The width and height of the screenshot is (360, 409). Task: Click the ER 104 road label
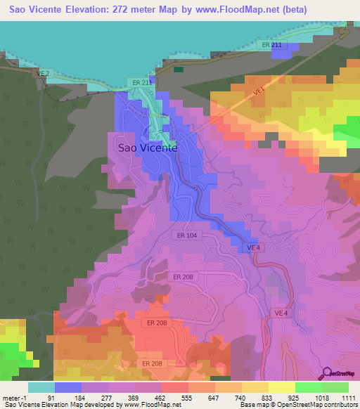pyautogui.click(x=187, y=235)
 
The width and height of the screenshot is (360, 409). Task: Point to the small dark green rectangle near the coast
pyautogui.click(x=179, y=70)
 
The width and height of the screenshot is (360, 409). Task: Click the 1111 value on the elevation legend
pyautogui.click(x=347, y=397)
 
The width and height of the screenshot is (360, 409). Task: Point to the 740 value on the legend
pyautogui.click(x=241, y=397)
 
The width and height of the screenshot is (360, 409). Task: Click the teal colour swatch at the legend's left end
pyautogui.click(x=41, y=387)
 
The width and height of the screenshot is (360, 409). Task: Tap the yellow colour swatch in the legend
pyautogui.click(x=282, y=387)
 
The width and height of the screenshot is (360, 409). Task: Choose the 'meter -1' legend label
pyautogui.click(x=15, y=397)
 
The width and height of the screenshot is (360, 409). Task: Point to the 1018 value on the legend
pyautogui.click(x=321, y=397)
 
